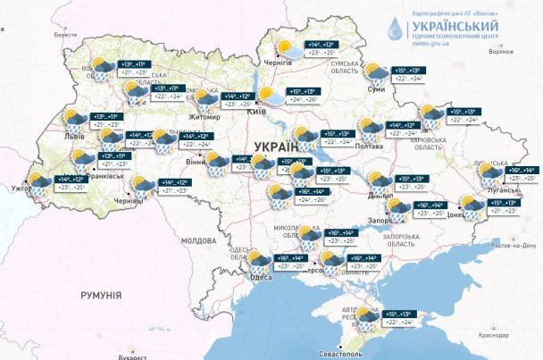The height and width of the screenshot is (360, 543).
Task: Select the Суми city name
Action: coord(377,89)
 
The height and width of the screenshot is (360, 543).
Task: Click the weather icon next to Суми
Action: coord(376,73)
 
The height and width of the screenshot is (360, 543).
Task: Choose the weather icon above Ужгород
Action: coord(38,182)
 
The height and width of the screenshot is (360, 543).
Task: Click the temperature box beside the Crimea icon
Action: coord(400,317)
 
